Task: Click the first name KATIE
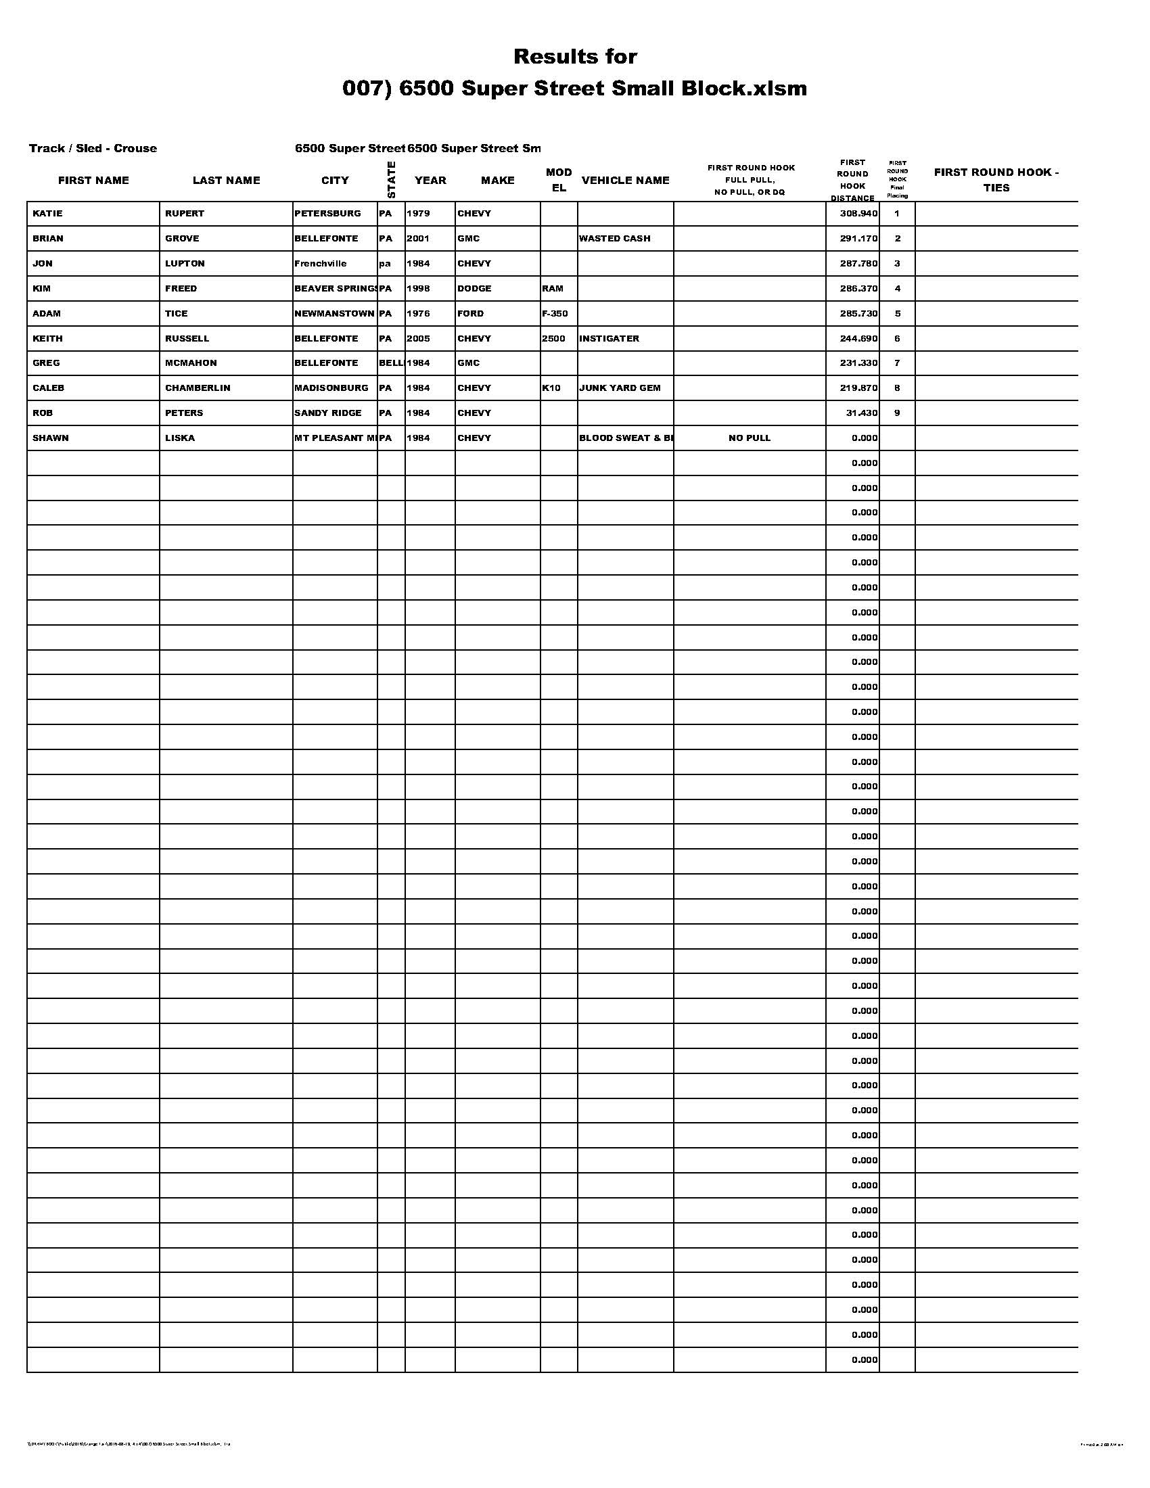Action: point(47,213)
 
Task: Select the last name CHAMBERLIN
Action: point(198,388)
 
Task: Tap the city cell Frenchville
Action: point(320,264)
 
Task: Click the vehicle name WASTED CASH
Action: point(614,239)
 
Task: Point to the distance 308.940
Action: point(858,213)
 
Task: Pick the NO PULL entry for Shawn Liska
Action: point(750,438)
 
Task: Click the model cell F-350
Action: point(555,313)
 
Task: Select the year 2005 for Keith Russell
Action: point(418,338)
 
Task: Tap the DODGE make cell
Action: point(474,288)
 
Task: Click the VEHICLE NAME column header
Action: point(626,181)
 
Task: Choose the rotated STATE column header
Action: point(391,180)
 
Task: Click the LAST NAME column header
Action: point(226,181)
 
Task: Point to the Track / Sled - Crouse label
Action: point(93,149)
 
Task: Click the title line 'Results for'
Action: point(575,57)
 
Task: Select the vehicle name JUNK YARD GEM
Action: point(619,388)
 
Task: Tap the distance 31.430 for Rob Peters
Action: point(861,413)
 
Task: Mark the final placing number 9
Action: point(897,413)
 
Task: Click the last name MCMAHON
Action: point(191,363)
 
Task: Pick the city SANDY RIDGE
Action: point(327,413)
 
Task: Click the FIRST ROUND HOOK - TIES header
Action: point(996,180)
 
